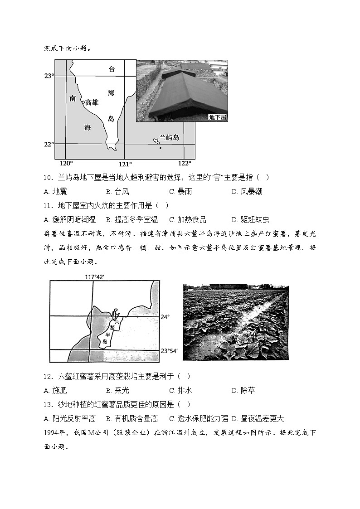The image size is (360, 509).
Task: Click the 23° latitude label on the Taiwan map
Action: click(49, 76)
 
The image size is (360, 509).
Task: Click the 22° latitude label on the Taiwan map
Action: click(49, 145)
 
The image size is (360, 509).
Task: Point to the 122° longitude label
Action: click(185, 163)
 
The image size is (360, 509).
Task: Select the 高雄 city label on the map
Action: click(91, 102)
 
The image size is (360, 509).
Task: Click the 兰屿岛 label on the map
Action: click(170, 138)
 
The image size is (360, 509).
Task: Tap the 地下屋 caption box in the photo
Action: click(217, 117)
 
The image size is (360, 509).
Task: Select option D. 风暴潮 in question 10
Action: click(247, 191)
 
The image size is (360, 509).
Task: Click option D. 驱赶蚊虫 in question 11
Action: click(250, 219)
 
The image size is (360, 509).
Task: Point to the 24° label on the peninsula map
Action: click(165, 317)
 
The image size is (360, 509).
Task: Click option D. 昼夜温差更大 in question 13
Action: click(258, 418)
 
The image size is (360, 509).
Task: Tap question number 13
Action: click(49, 404)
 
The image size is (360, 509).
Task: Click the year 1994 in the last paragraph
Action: click(52, 432)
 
